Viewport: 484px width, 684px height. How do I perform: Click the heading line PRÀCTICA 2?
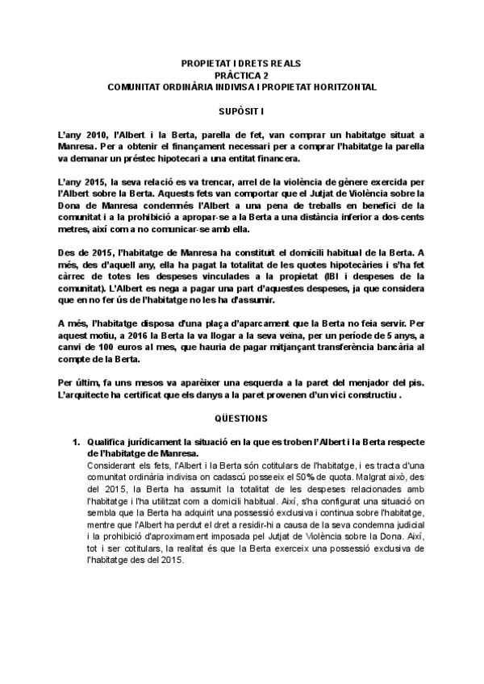[242, 73]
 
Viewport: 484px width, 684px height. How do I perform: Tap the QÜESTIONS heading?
[241, 419]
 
